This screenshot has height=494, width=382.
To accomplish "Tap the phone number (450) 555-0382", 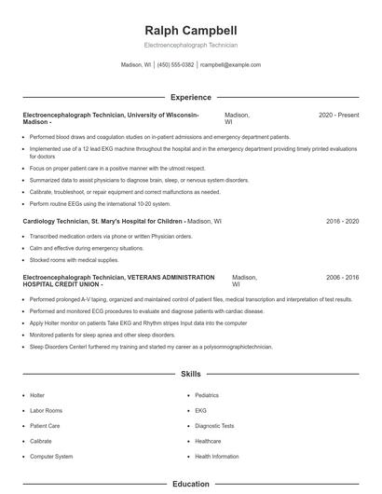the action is (x=175, y=65).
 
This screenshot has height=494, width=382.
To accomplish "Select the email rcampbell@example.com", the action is (x=230, y=65).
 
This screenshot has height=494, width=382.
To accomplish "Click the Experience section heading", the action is (x=191, y=97).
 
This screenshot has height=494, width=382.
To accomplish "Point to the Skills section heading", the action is (x=191, y=375).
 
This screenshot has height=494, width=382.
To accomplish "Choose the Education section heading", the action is (x=191, y=484).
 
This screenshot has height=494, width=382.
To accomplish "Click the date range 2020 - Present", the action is (x=338, y=115).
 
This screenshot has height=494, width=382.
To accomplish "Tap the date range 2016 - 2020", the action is (x=342, y=222).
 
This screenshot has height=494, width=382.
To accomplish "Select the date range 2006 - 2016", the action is (x=342, y=278).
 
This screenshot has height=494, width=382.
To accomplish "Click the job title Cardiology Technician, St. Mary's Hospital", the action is (x=103, y=222).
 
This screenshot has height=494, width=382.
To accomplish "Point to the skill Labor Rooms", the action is (x=46, y=411).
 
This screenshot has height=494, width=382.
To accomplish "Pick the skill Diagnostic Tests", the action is (x=214, y=426).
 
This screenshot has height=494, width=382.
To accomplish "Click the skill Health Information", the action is (x=217, y=457).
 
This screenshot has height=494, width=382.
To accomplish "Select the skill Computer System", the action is (x=51, y=457).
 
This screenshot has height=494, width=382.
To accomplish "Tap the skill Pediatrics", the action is (x=207, y=395).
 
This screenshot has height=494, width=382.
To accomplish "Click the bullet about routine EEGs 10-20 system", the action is (x=101, y=203).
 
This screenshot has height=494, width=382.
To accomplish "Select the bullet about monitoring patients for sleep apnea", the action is (x=102, y=334).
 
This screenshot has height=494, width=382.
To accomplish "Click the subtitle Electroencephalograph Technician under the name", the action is (x=191, y=45).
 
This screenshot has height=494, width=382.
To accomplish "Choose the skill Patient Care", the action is (x=45, y=426).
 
